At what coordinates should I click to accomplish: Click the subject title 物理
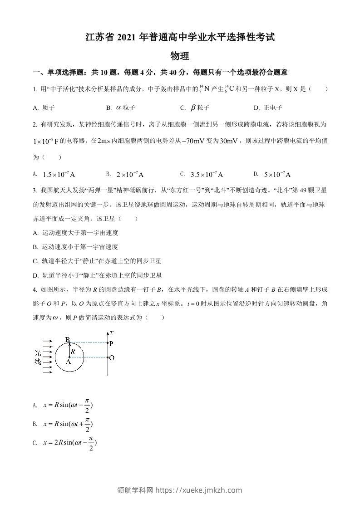(x=179, y=56)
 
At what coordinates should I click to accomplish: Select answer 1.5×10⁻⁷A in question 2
(x=58, y=174)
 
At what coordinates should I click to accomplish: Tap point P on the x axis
(x=111, y=343)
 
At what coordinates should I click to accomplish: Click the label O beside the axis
(x=112, y=357)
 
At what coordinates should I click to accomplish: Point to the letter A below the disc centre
(x=68, y=362)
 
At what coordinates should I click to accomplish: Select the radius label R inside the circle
(x=73, y=351)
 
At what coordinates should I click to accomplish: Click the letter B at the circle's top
(x=67, y=340)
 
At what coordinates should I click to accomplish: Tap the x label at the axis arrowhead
(x=112, y=333)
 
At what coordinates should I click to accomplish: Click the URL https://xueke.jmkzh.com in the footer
(x=199, y=490)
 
